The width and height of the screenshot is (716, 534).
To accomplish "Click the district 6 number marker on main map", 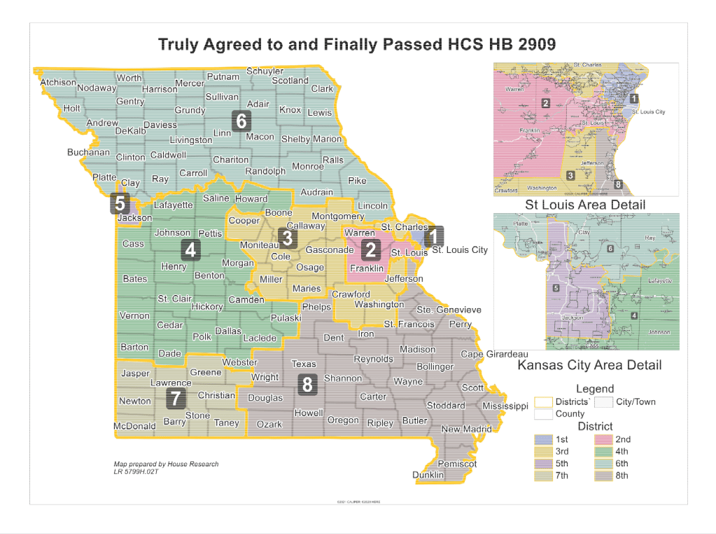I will click(241, 121).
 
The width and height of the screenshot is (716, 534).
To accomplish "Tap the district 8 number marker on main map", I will click(307, 384).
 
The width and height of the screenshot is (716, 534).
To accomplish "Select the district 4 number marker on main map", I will click(190, 249).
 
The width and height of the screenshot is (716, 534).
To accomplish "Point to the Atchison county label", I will click(58, 82).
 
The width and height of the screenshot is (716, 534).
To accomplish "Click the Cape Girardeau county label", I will click(494, 354).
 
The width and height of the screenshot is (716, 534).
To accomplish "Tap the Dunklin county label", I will click(428, 475).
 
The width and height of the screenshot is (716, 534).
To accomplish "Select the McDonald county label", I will click(134, 426).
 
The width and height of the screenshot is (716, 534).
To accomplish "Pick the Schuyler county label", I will click(265, 71).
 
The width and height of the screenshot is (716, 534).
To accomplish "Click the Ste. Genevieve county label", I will click(449, 310).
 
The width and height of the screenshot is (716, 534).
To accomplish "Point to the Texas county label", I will click(304, 364).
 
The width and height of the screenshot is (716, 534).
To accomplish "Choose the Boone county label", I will click(279, 212).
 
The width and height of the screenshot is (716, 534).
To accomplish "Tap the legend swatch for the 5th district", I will click(543, 463).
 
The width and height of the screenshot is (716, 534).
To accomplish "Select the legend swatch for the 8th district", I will click(603, 475).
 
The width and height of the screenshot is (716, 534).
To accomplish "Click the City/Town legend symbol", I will click(603, 402).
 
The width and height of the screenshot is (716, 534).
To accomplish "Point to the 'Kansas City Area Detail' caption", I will click(589, 365).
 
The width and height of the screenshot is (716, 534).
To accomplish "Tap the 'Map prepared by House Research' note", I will click(166, 464).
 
